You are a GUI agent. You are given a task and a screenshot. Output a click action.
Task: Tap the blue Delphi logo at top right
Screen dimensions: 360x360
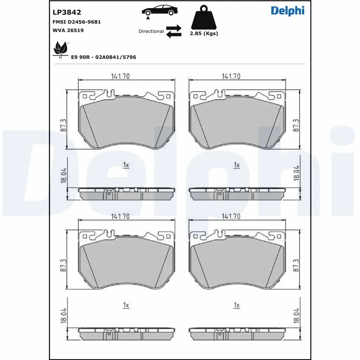click(x=288, y=11)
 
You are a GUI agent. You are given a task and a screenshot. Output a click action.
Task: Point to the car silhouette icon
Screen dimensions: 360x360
click(x=159, y=11)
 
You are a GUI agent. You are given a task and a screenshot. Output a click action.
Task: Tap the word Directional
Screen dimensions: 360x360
click(x=151, y=31)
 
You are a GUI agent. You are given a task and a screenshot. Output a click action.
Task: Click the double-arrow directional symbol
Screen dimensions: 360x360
click(x=173, y=31)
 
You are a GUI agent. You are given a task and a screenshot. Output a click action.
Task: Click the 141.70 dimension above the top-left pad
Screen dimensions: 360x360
click(x=120, y=76)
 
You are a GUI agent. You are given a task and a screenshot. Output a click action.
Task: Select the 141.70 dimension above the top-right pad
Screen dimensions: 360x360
click(x=230, y=76)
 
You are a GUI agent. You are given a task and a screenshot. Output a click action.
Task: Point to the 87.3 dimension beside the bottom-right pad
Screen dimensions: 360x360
click(x=296, y=265)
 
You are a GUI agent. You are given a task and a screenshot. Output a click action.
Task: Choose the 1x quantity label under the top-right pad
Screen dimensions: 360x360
click(x=237, y=165)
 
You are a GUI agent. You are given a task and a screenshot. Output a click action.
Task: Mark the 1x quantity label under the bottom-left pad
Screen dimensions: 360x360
click(x=126, y=305)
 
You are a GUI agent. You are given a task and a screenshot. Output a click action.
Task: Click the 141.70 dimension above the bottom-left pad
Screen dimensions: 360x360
click(x=120, y=216)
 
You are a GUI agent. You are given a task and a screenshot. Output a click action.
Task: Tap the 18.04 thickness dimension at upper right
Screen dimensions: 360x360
click(x=296, y=173)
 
